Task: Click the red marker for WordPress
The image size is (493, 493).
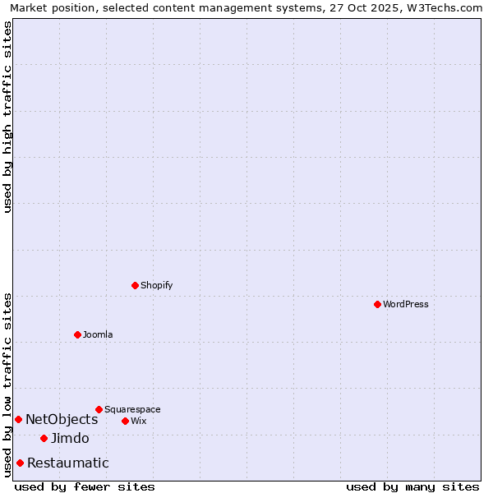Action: coord(377,304)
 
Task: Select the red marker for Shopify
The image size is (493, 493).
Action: coord(135,285)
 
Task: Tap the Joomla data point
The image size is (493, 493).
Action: coord(77,334)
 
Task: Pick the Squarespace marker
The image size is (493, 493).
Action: coord(99,409)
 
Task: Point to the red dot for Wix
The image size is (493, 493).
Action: coord(125,421)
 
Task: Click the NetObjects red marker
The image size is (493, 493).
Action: coord(18,419)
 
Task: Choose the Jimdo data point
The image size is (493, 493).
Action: coord(44,438)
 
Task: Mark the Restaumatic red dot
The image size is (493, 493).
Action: coord(20,463)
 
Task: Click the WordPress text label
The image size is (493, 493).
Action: coord(406,304)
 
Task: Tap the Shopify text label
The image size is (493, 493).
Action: coord(156,285)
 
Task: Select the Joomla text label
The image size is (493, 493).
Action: coord(98,334)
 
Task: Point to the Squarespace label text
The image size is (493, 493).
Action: coord(132,409)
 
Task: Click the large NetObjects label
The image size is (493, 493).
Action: coord(62,420)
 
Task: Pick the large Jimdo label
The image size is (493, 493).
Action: coord(70,439)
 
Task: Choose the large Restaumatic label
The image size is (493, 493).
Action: coord(67,463)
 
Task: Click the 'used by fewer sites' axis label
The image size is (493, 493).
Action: coord(85,486)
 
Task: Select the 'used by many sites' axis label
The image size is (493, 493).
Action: coord(412,486)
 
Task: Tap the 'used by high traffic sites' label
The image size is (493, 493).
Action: coord(7,117)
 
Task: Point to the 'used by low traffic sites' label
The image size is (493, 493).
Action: coord(7,385)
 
